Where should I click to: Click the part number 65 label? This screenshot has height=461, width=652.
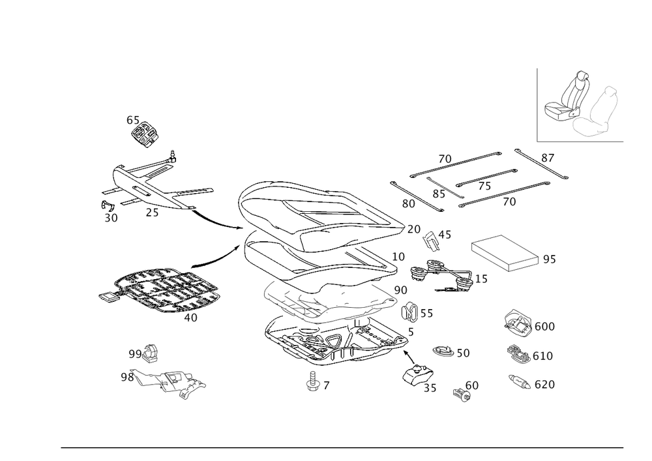[x=132, y=120]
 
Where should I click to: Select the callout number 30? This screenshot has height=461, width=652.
[x=111, y=218]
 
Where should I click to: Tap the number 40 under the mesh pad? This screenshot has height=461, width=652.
[x=190, y=317]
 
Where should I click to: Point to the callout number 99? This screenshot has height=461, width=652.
[x=135, y=353]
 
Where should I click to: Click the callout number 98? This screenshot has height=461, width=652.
[x=126, y=377]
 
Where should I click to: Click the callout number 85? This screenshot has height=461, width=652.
[x=439, y=193]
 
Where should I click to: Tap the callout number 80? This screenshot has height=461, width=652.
[x=409, y=203]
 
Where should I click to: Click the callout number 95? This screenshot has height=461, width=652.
[x=549, y=260]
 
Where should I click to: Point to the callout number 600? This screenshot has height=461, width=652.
[x=544, y=326]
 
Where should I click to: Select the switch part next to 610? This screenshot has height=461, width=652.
[x=518, y=354]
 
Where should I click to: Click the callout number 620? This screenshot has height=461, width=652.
[x=544, y=385]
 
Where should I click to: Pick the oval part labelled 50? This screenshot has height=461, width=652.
[x=443, y=351]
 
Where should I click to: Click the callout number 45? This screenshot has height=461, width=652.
[x=445, y=234]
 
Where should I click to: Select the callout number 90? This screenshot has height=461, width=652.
[x=400, y=289]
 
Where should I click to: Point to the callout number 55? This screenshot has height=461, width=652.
[x=426, y=314]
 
